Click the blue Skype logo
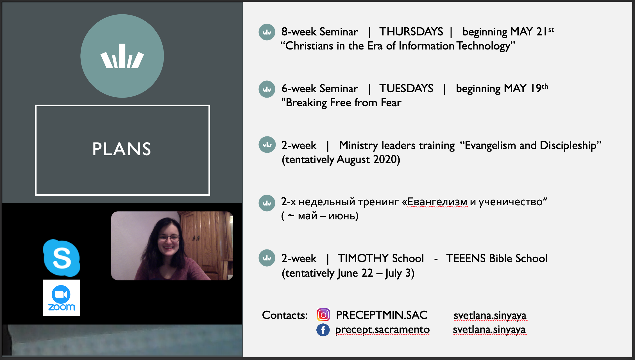tap(62, 258)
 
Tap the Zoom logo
tap(62, 298)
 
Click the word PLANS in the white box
tap(122, 149)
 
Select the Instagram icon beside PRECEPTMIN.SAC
tap(323, 315)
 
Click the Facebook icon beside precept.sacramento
tap(323, 330)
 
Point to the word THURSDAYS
tap(411, 32)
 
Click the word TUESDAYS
tap(406, 89)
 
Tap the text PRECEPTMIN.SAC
tap(382, 315)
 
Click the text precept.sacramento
tap(382, 330)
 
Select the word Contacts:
tap(285, 315)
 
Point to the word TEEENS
tap(466, 258)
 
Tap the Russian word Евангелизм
tap(437, 202)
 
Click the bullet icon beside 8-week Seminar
tap(267, 32)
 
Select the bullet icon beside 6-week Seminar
tap(267, 89)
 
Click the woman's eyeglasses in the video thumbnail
tap(169, 238)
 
